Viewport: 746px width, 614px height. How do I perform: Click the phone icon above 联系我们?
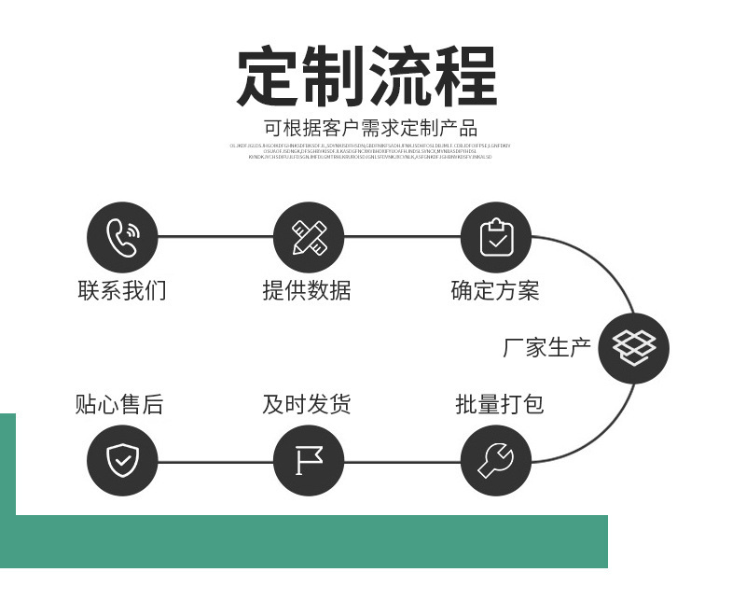point(122,237)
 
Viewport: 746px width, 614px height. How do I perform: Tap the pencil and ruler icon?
point(309,237)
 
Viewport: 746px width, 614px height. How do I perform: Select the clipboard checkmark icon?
point(496,237)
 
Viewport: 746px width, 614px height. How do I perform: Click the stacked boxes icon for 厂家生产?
point(634,348)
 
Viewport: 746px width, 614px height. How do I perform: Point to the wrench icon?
point(496,460)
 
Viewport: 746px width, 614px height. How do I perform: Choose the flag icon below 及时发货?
point(309,460)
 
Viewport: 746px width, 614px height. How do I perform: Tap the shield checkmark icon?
point(122,460)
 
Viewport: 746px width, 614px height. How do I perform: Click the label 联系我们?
point(122,290)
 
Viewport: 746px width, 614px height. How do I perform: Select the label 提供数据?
point(307,290)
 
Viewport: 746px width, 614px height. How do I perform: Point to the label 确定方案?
point(495,290)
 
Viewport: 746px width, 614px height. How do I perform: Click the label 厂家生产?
point(547,348)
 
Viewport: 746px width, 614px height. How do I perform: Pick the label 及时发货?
point(307,404)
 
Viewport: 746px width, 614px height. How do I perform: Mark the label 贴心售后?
point(119,404)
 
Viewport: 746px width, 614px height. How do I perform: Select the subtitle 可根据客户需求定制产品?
point(370,129)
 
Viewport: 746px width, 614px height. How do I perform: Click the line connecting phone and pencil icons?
point(215,237)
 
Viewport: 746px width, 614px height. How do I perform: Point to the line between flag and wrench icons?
point(402,461)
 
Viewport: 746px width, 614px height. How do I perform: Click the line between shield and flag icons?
point(215,461)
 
